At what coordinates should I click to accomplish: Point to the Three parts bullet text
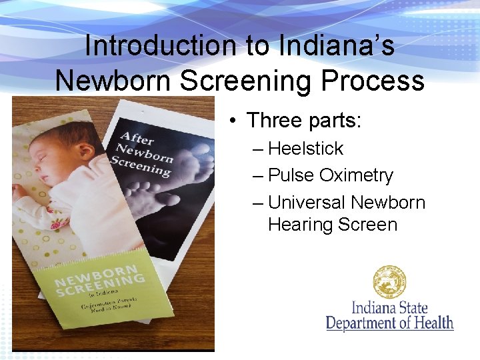[303, 121]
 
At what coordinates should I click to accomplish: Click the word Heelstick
[305, 148]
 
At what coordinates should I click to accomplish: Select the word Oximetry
[356, 175]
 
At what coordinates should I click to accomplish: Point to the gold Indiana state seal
[389, 282]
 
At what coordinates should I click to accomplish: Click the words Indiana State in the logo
[389, 309]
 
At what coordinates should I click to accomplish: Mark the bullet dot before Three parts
[231, 121]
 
